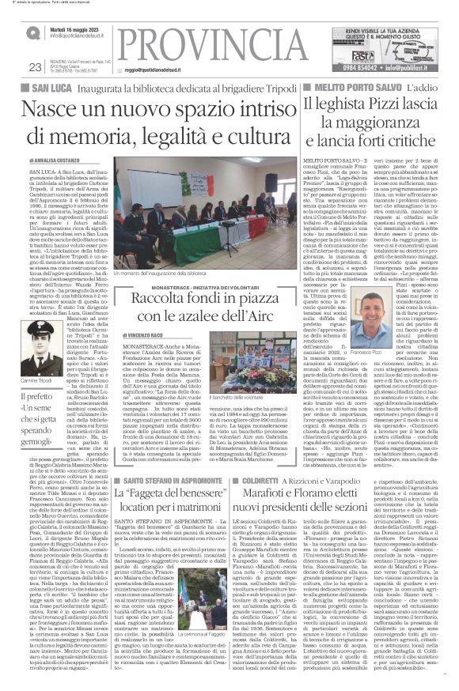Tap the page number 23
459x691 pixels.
pos(34,68)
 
